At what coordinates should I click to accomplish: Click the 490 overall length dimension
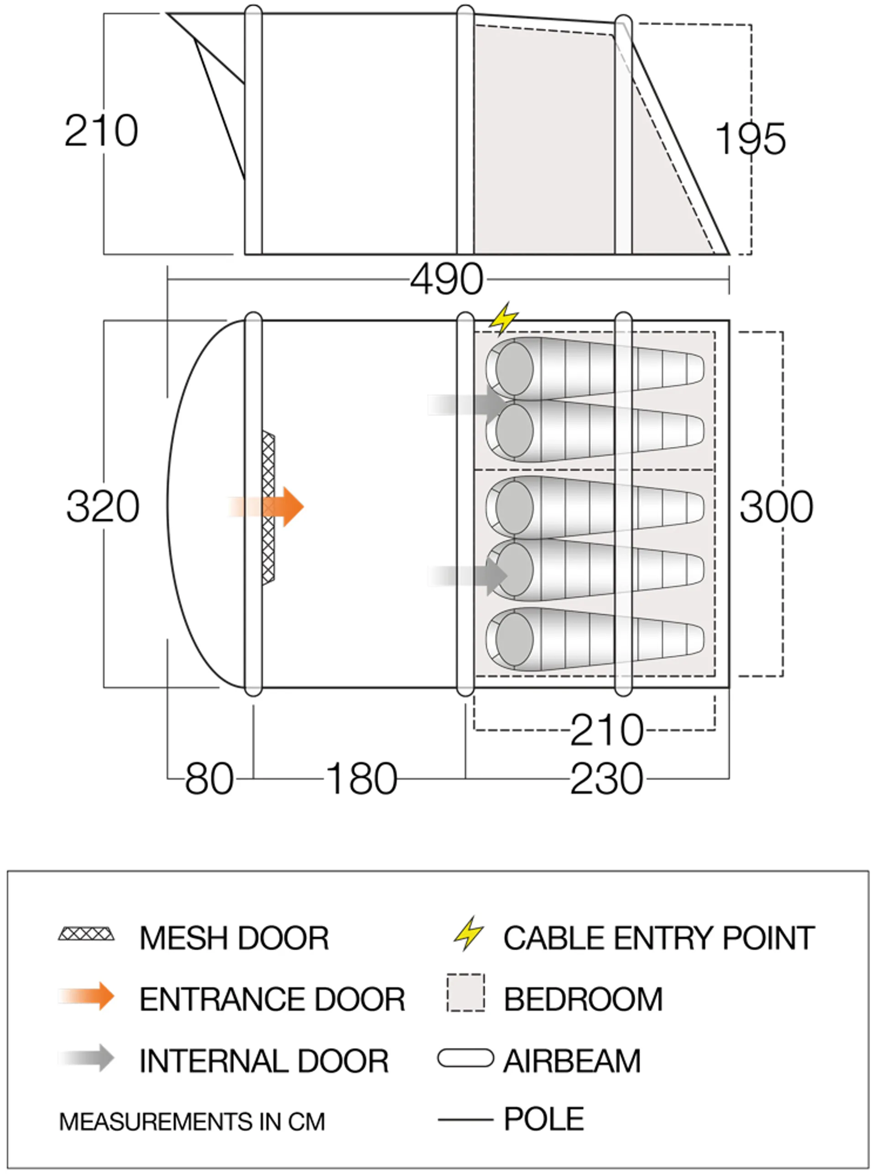[447, 279]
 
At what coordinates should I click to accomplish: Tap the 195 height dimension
[750, 139]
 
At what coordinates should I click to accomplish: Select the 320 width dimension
[102, 506]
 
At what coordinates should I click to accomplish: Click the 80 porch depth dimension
[209, 779]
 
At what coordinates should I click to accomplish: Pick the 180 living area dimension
[361, 779]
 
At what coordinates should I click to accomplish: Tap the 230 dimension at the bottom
[607, 779]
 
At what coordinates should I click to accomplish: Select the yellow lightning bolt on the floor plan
[503, 318]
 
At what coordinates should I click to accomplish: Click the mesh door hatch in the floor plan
[268, 507]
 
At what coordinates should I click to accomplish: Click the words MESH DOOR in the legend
[234, 938]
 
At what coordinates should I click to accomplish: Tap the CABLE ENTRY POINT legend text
[658, 938]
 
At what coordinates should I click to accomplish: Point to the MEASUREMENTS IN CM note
[192, 1122]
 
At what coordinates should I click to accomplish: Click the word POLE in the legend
[543, 1119]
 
